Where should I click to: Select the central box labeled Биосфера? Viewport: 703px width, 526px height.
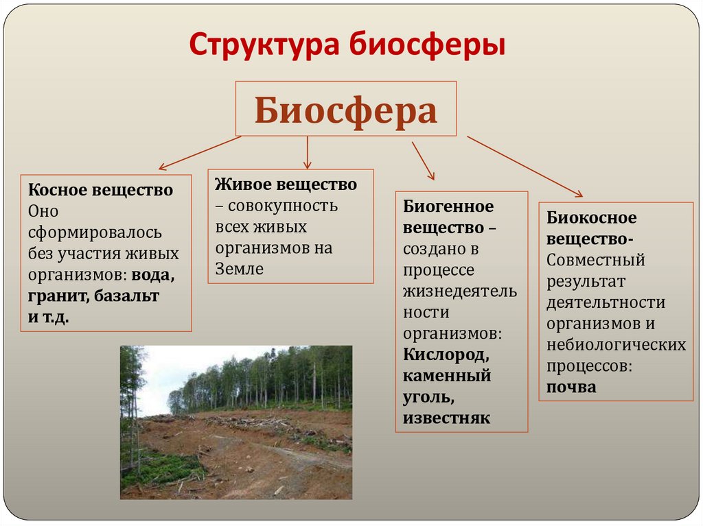tap(346, 109)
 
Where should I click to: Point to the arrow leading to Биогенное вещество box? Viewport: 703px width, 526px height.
tap(423, 160)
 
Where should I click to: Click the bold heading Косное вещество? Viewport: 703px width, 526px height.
tap(100, 190)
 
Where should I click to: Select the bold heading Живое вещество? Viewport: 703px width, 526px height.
tap(286, 184)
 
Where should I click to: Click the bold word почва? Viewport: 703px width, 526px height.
tap(571, 387)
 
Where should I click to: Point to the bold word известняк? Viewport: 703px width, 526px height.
tap(446, 418)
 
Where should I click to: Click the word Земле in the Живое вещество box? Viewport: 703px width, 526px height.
tap(240, 270)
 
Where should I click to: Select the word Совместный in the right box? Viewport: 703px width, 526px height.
tap(596, 261)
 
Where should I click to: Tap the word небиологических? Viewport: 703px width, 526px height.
tap(616, 345)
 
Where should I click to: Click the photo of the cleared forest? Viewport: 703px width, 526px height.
tap(236, 422)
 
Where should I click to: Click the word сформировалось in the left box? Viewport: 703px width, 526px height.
tap(95, 232)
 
